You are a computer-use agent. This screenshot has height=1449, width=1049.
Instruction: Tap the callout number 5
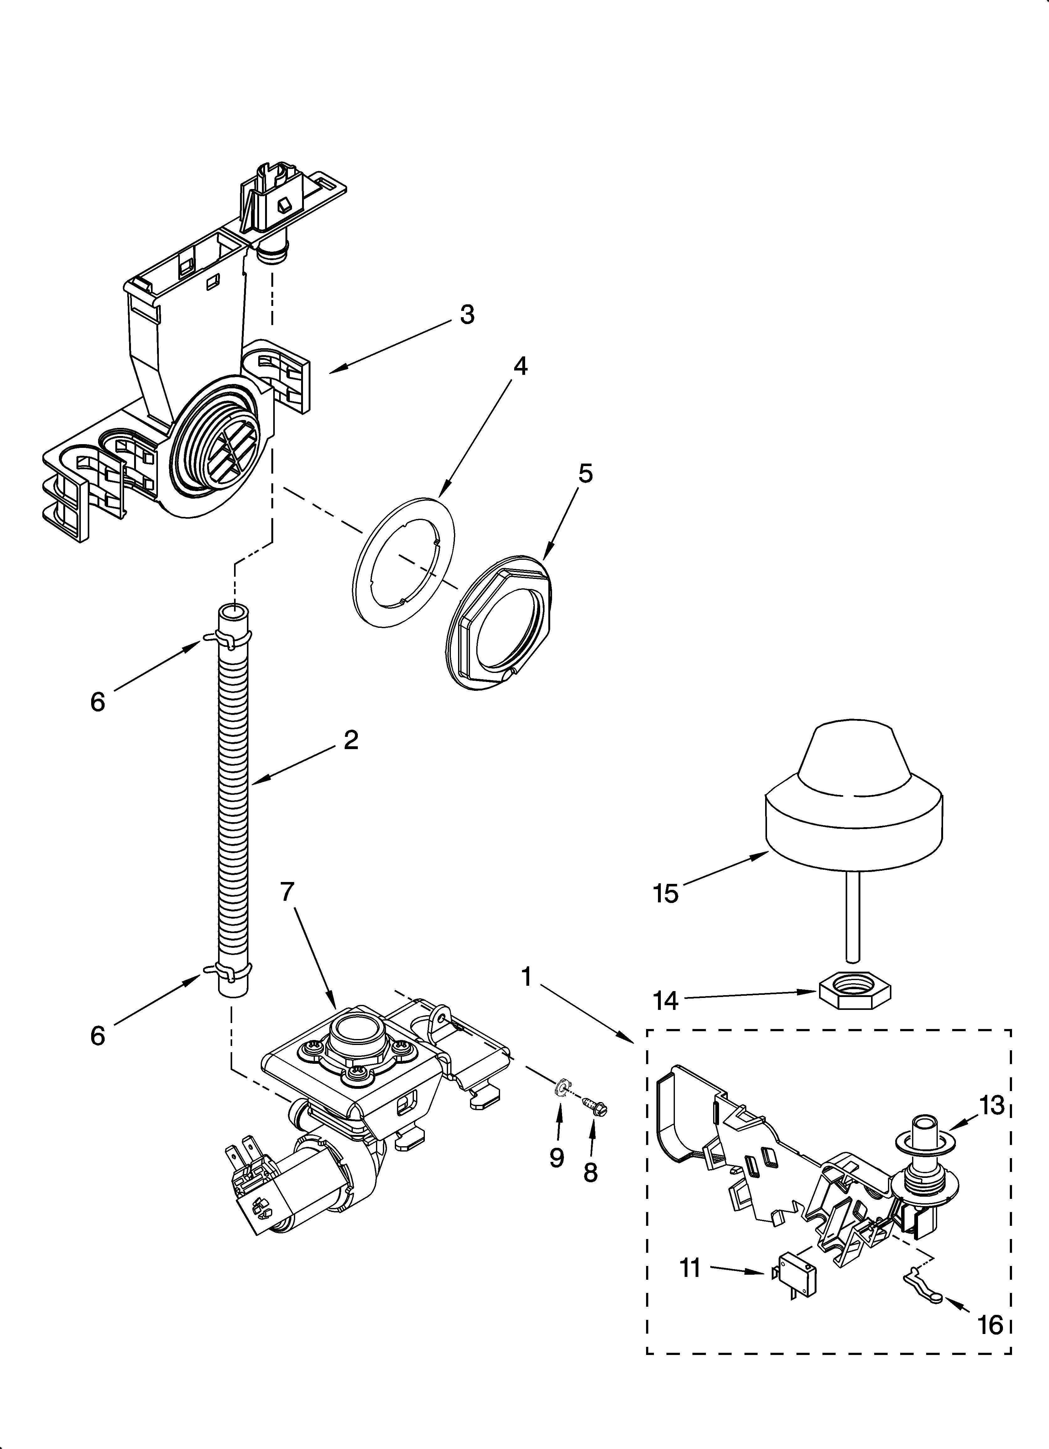click(585, 473)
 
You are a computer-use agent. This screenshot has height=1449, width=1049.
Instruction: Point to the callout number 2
click(351, 740)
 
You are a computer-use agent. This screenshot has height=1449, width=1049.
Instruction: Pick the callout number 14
click(666, 1000)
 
